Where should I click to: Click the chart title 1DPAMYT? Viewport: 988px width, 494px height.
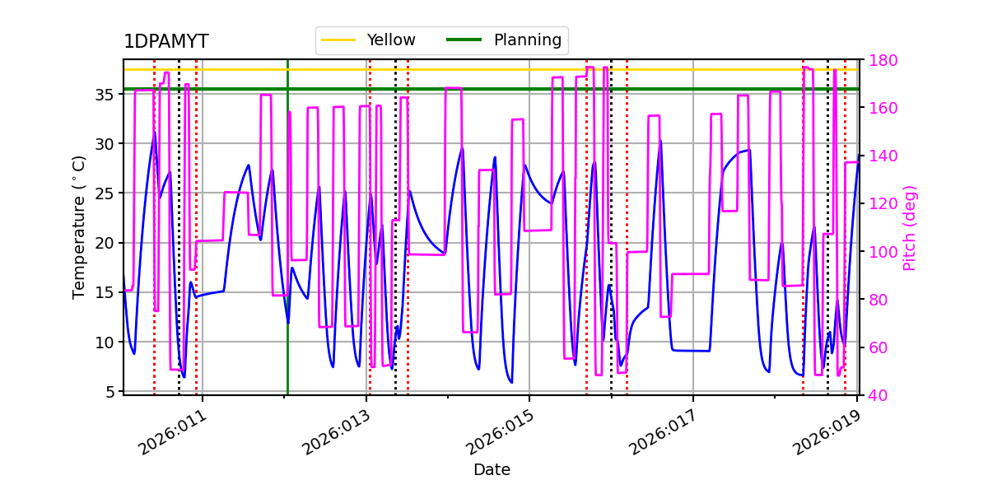165,42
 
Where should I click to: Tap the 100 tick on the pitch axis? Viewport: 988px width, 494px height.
882,252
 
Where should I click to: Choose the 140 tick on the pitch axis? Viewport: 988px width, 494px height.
882,156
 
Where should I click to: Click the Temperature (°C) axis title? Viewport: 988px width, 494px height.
79,226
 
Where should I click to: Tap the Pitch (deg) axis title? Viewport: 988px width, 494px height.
910,227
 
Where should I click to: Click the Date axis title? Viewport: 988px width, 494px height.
492,470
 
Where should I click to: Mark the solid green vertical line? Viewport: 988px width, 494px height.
287,247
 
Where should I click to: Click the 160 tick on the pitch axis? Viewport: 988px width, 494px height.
882,108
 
